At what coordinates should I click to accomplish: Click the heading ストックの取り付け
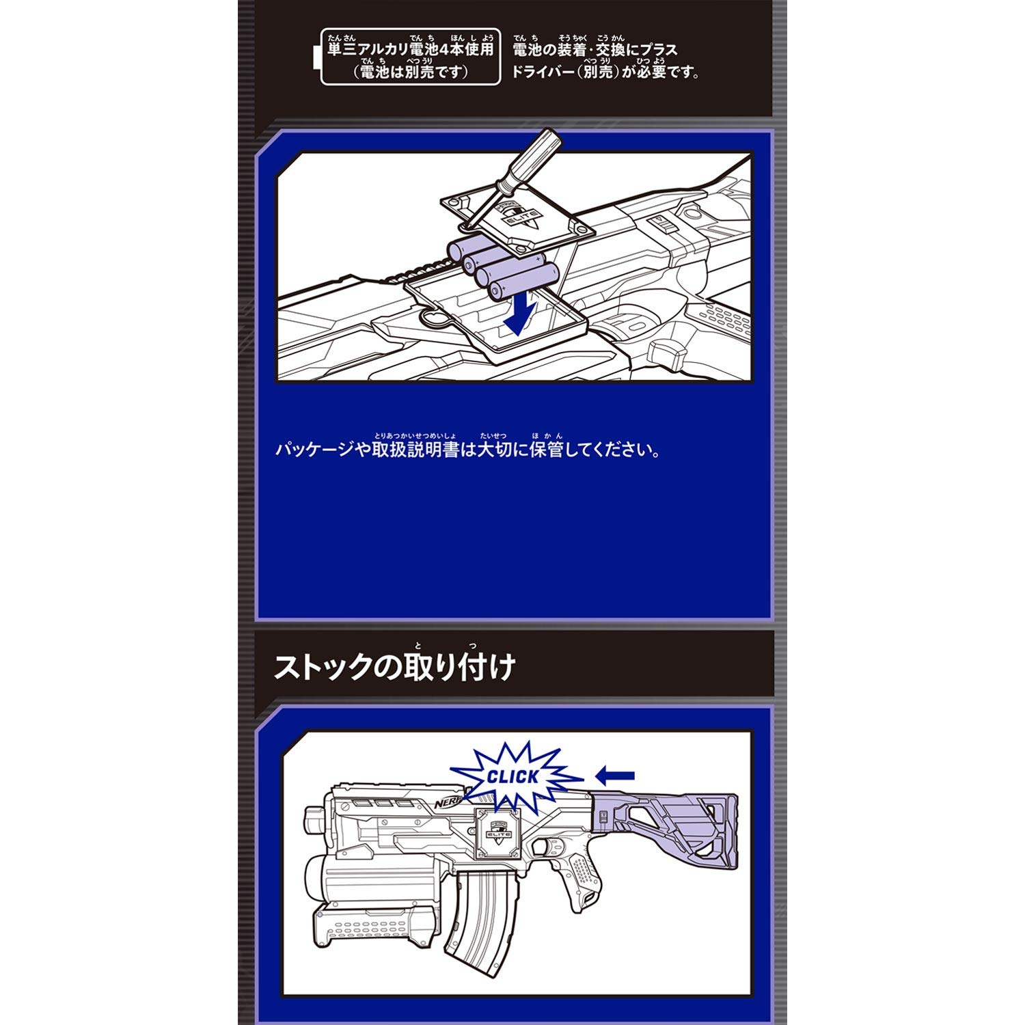pyautogui.click(x=394, y=667)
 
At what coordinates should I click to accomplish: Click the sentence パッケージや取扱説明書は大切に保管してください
pyautogui.click(x=468, y=450)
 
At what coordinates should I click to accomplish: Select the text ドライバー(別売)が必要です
pyautogui.click(x=605, y=72)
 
